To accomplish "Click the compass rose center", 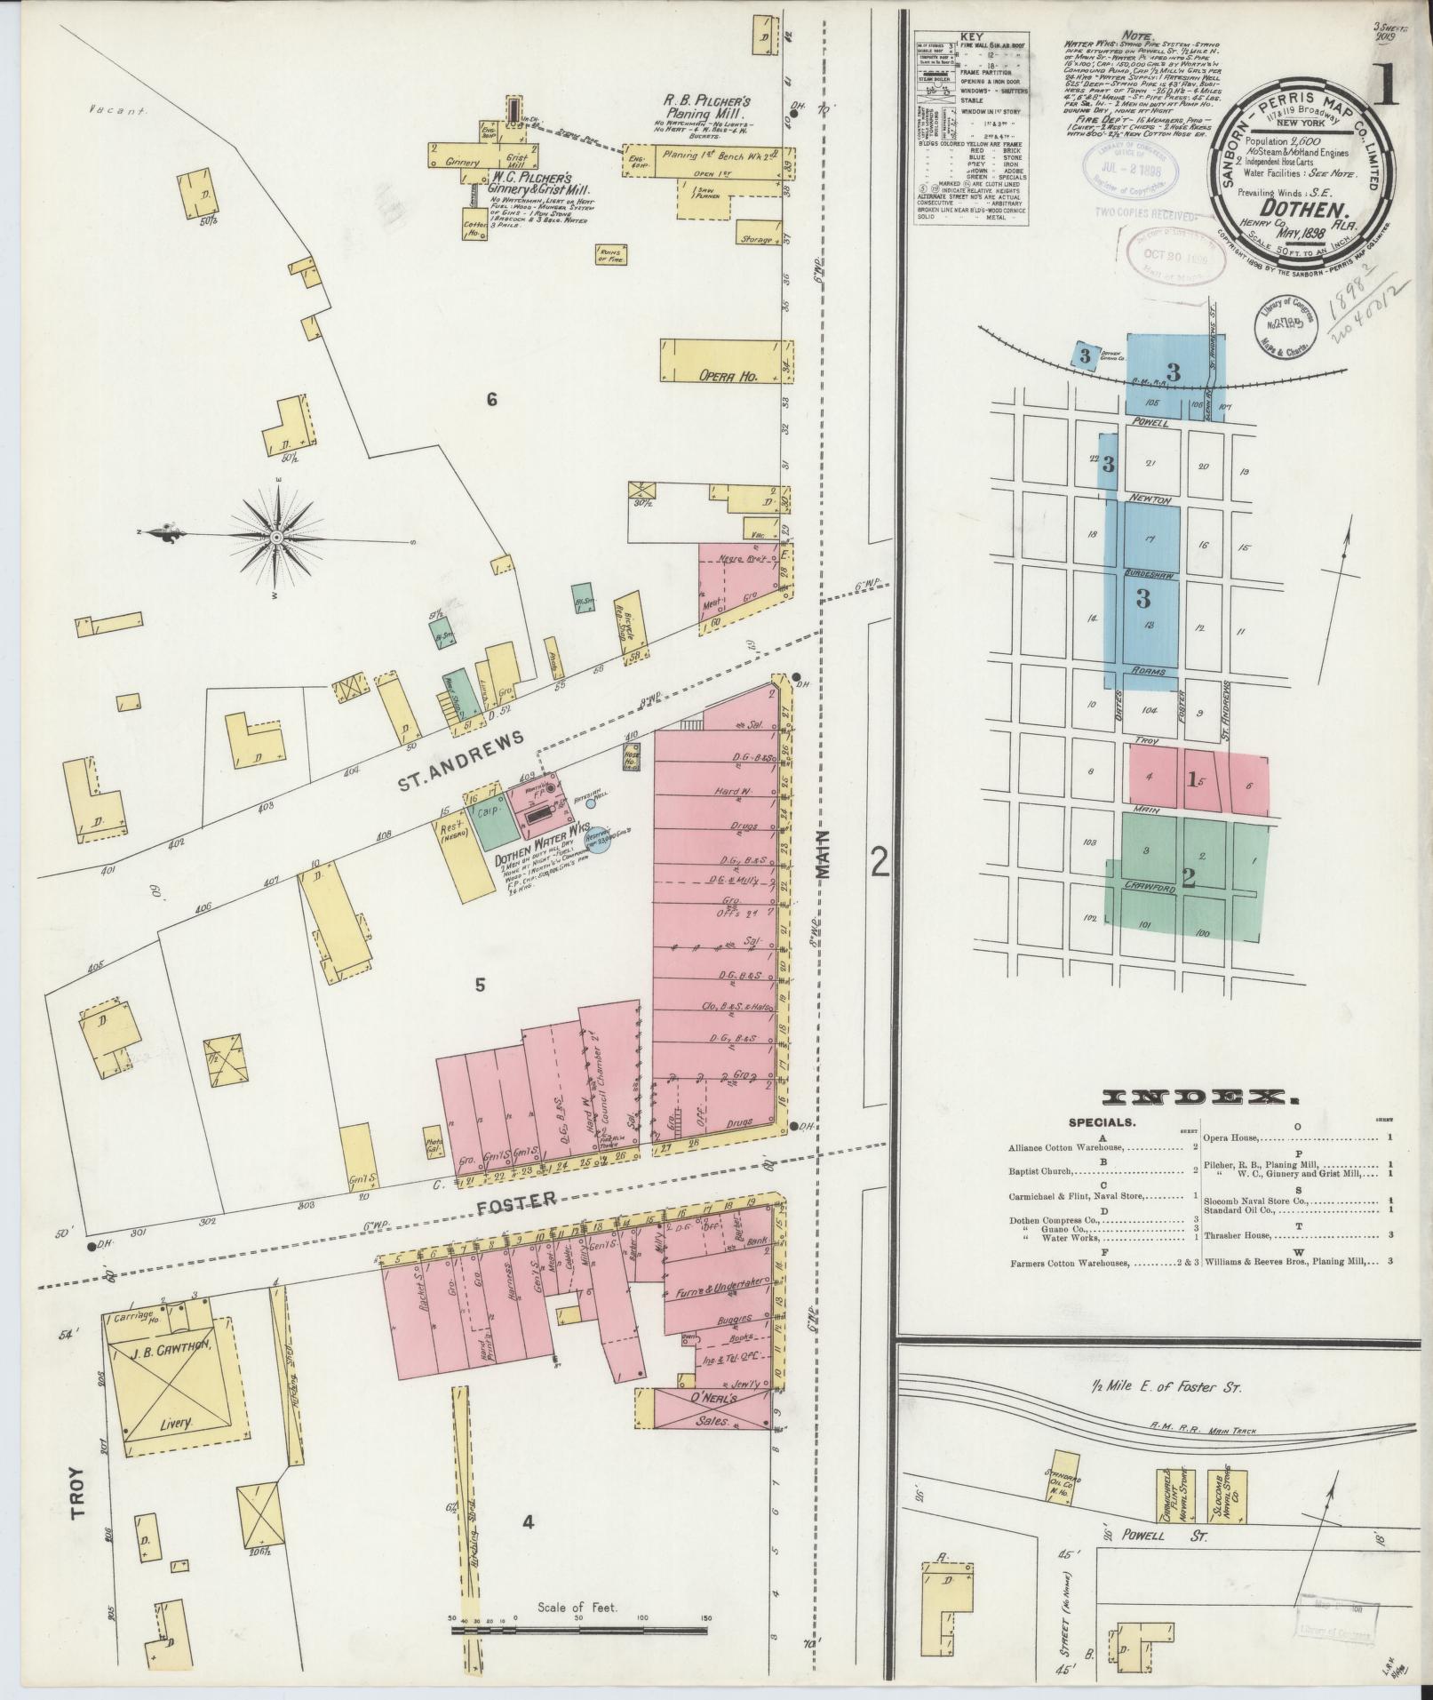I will [277, 538].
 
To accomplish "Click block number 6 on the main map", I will [491, 400].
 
